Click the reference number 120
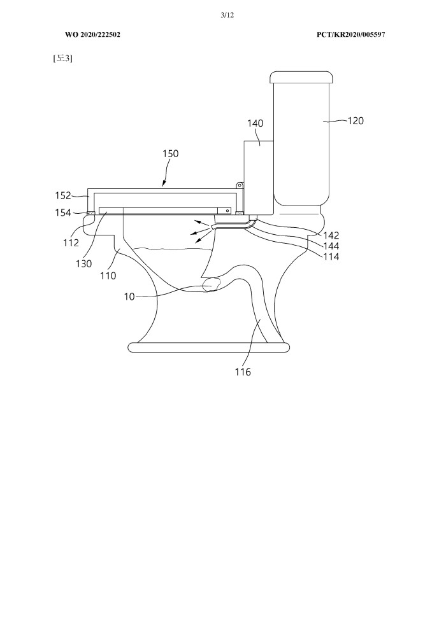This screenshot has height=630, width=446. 356,120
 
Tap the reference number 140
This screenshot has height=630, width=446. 255,123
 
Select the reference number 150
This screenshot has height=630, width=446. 171,153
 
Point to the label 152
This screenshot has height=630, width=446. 62,195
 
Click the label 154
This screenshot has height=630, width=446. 62,213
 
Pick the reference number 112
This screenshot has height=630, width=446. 71,242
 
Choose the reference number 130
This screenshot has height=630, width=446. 83,263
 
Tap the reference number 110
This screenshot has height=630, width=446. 108,276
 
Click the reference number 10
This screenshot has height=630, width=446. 129,297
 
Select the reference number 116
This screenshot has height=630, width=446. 243,372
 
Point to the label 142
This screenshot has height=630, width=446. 331,235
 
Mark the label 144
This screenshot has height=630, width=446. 331,246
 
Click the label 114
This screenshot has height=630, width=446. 331,256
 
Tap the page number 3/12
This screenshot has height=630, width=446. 227,15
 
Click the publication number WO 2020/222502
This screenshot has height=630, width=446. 92,34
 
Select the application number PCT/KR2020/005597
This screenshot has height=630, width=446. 350,34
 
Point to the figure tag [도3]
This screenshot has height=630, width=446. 62,59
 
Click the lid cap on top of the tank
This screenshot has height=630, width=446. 301,77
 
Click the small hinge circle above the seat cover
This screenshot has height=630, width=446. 238,185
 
